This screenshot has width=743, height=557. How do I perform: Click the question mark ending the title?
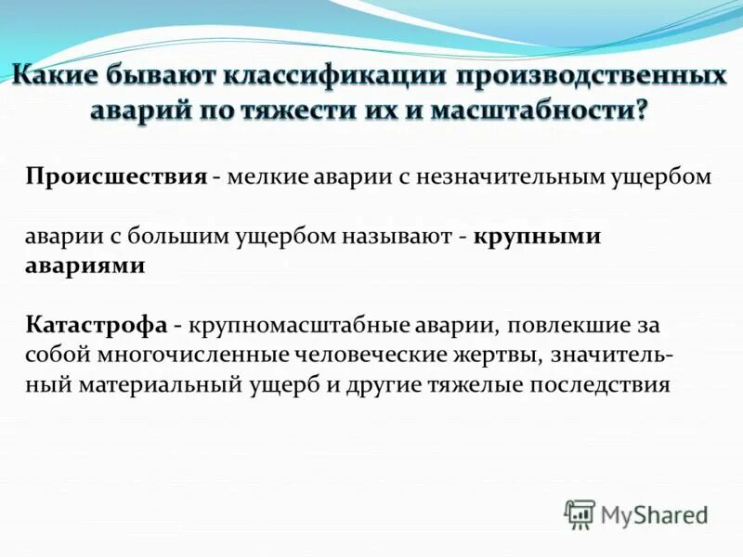pos(642,111)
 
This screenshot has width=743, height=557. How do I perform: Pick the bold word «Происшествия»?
pos(115,177)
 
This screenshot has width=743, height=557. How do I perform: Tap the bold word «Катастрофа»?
pos(97,325)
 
